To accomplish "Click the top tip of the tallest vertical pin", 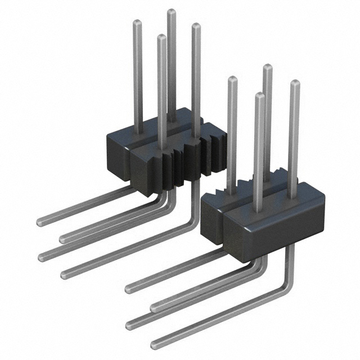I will (x=171, y=12).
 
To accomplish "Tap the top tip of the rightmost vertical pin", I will (x=295, y=84).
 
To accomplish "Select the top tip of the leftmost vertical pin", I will (x=137, y=22).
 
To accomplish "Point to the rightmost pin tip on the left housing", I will (x=196, y=26).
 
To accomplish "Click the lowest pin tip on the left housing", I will (x=161, y=38).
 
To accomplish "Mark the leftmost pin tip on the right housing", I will (x=232, y=79).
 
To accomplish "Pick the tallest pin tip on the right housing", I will (x=268, y=68).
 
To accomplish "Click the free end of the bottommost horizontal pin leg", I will (x=154, y=345).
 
